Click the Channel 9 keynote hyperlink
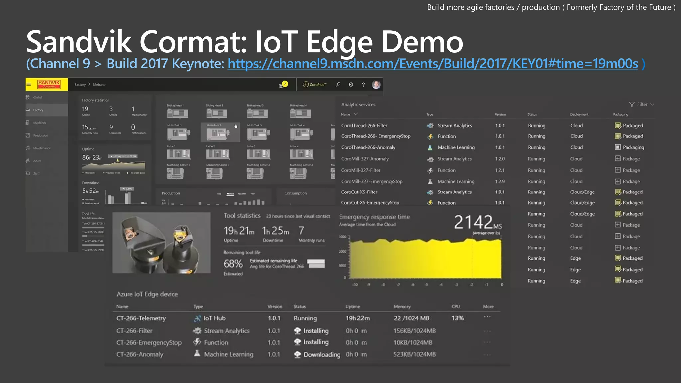pos(433,64)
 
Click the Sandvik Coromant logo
pos(49,84)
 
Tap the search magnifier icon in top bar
pos(338,84)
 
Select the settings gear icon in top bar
pos(351,84)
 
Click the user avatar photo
pos(376,84)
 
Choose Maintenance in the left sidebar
pos(42,148)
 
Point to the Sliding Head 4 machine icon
pos(300,113)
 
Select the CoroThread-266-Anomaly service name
pos(368,147)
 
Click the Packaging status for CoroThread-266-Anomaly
pos(633,147)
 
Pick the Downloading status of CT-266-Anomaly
pos(322,355)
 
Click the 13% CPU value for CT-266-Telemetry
pos(457,318)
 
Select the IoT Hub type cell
pos(214,318)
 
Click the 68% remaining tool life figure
pos(233,264)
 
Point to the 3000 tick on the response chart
pos(342,237)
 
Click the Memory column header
pos(402,306)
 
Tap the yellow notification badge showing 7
pos(285,84)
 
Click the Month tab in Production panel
pos(230,194)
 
